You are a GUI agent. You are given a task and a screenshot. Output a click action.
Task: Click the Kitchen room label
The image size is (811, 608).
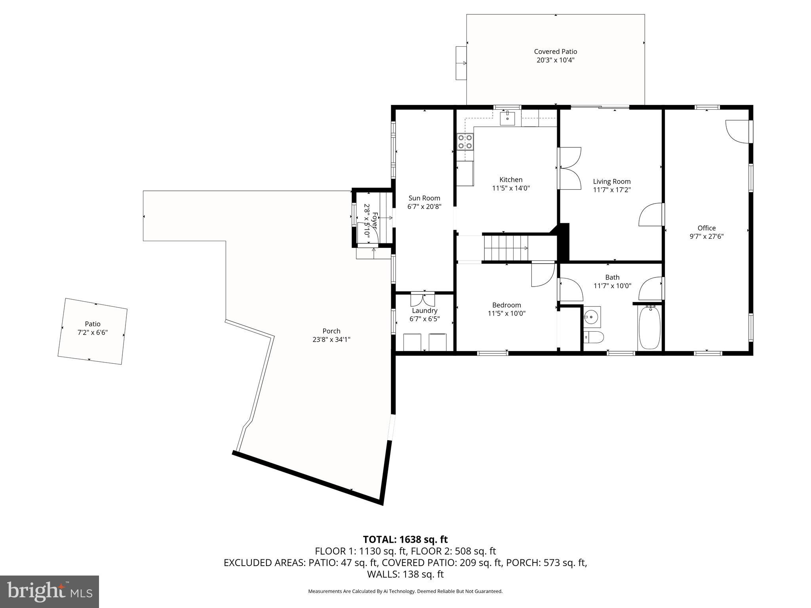pyautogui.click(x=511, y=180)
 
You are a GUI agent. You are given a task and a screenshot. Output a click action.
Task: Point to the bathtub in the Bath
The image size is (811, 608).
pyautogui.click(x=649, y=328)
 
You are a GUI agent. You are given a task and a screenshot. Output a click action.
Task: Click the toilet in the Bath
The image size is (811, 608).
pyautogui.click(x=594, y=338)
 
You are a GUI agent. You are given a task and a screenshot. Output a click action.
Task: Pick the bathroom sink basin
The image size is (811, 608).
pyautogui.click(x=591, y=317)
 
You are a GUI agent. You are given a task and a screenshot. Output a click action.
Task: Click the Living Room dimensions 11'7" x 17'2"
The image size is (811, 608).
pyautogui.click(x=611, y=190)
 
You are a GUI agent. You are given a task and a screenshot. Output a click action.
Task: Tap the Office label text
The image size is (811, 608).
pyautogui.click(x=706, y=228)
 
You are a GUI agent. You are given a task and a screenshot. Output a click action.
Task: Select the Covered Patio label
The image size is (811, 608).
pyautogui.click(x=555, y=51)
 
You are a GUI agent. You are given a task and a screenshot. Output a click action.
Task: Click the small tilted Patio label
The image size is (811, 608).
pyautogui.click(x=93, y=324)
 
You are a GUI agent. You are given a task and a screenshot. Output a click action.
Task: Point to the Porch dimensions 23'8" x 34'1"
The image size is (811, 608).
pyautogui.click(x=331, y=340)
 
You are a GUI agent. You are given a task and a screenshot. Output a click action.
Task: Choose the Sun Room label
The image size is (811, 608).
pyautogui.click(x=424, y=198)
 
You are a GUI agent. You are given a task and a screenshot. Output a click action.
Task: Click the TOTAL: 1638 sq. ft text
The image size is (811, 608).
pyautogui.click(x=405, y=539)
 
